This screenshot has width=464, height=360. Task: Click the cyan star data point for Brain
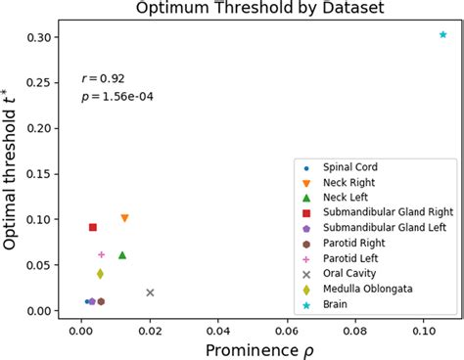443,34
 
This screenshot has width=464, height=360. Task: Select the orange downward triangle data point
124,218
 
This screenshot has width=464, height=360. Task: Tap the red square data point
93,227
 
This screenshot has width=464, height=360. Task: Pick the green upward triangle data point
122,255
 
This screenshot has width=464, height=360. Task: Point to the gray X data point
150,292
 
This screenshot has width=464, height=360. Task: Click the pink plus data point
101,254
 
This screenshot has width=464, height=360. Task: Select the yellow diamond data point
100,274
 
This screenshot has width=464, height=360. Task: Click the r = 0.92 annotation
103,78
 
